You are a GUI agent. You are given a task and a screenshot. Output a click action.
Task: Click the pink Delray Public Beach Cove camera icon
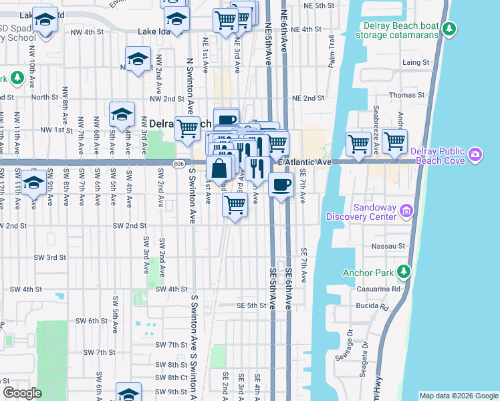click(x=475, y=155)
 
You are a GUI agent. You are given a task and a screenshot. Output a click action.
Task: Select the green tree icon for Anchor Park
click(x=403, y=271)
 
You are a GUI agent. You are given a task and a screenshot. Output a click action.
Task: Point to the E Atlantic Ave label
click(x=305, y=162)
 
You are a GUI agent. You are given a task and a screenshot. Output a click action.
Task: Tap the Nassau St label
click(x=392, y=246)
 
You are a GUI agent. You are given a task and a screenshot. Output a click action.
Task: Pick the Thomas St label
click(x=402, y=96)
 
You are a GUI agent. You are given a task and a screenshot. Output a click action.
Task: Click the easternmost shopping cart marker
click(x=395, y=141)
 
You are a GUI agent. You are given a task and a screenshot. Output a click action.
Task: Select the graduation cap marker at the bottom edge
click(x=128, y=394)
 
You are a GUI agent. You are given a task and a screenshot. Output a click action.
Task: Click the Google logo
click(x=23, y=393)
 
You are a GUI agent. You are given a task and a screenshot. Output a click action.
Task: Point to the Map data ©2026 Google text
click(x=458, y=396)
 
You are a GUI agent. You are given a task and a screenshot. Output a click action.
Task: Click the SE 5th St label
click(x=251, y=305)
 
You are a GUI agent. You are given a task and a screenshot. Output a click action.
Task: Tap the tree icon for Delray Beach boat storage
click(x=450, y=29)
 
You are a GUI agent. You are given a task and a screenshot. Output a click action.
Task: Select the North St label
click(x=45, y=97)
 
